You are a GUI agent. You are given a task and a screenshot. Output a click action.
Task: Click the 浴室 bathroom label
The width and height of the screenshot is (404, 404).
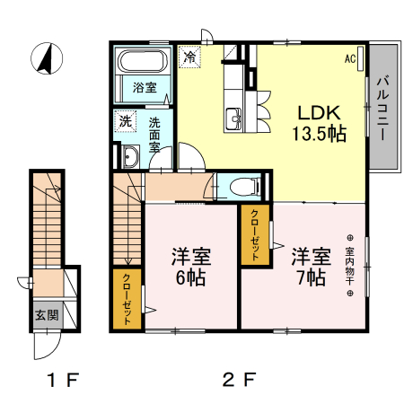[x=145, y=88]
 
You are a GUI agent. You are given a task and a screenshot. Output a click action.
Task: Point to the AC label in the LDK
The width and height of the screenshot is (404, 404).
[x=351, y=59]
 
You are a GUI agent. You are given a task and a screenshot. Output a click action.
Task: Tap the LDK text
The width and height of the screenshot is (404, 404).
[x=318, y=113]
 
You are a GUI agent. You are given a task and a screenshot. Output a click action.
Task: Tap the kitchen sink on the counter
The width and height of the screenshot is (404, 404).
[x=234, y=116]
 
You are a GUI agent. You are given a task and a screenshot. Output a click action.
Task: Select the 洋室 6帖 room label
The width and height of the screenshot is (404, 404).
[x=189, y=266]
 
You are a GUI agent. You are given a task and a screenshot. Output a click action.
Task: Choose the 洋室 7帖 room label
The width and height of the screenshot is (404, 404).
[x=308, y=266]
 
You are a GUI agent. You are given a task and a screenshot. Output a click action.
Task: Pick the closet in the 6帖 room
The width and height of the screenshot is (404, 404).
[x=127, y=299]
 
